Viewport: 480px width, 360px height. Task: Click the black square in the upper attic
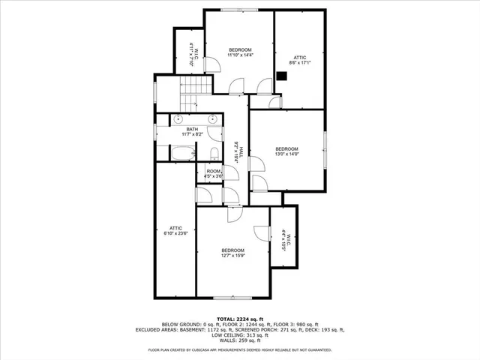281,75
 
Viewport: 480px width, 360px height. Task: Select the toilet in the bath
214,154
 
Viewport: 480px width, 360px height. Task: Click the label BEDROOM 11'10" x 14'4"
240,52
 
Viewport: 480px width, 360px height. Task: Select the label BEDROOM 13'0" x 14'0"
286,151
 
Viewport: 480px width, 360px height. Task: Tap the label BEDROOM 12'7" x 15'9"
232,253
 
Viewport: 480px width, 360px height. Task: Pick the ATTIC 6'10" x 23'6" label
175,230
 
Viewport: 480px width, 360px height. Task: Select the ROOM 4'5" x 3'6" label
214,174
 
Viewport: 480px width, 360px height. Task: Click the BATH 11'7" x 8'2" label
193,131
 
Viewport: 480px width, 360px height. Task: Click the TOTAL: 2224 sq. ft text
240,319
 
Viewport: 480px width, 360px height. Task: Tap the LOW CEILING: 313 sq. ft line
240,335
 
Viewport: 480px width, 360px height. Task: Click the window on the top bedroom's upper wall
239,10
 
